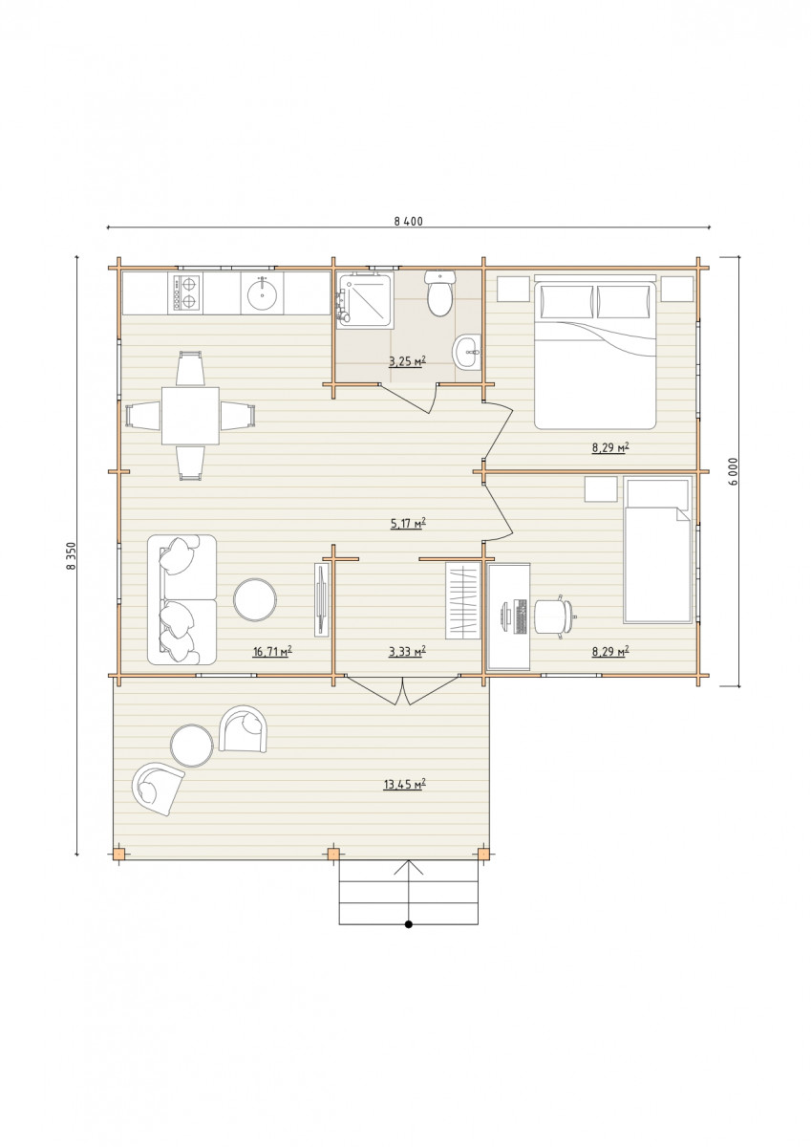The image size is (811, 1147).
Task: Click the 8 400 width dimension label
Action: (x=408, y=221)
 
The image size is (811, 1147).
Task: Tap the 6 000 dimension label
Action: (x=734, y=472)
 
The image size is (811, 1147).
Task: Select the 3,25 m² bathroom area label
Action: (x=407, y=362)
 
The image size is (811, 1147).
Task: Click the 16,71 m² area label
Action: (x=272, y=651)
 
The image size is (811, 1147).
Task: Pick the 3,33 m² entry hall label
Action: (x=408, y=651)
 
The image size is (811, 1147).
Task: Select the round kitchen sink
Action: (x=263, y=293)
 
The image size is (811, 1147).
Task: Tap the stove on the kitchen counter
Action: (x=185, y=292)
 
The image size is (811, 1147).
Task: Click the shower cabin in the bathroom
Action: (x=365, y=300)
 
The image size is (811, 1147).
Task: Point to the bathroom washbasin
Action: (x=467, y=352)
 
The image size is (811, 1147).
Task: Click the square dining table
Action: (x=190, y=415)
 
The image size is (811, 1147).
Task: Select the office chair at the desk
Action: (x=554, y=617)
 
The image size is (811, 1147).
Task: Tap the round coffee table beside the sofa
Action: (x=255, y=600)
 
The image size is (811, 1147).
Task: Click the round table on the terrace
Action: (x=191, y=746)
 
